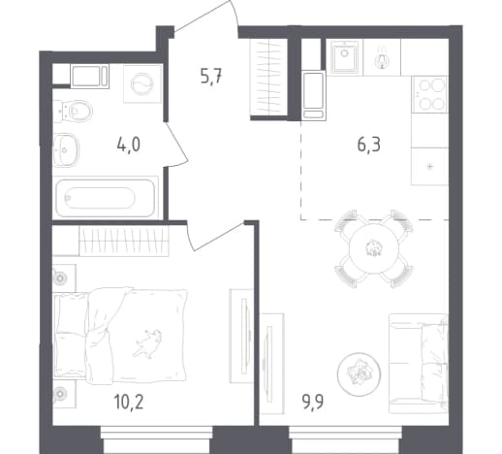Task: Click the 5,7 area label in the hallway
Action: (x=211, y=78)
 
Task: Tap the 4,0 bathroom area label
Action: (x=129, y=145)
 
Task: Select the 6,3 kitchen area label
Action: (x=369, y=145)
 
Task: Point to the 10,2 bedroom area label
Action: (x=129, y=402)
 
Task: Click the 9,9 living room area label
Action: (x=313, y=402)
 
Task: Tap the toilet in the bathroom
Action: (x=73, y=112)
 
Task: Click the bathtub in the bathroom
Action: (x=106, y=198)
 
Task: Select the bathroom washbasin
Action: (x=66, y=150)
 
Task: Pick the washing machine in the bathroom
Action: (x=142, y=83)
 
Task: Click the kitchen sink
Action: (x=345, y=57)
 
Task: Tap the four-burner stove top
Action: (x=430, y=94)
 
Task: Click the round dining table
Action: (x=374, y=248)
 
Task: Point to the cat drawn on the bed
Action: (x=147, y=343)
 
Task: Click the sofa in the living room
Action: (x=419, y=363)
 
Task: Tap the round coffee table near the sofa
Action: (x=359, y=374)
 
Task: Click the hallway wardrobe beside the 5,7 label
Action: (x=268, y=77)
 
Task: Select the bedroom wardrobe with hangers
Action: (x=124, y=242)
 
